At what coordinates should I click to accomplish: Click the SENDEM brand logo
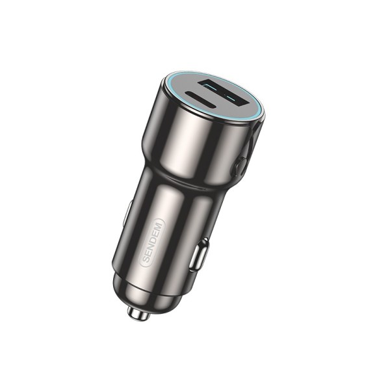(153, 242)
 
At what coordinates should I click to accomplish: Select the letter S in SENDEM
(145, 260)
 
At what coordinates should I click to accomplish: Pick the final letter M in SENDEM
(161, 225)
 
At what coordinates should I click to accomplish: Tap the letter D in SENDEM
(155, 238)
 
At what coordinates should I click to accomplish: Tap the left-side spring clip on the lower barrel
(127, 211)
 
